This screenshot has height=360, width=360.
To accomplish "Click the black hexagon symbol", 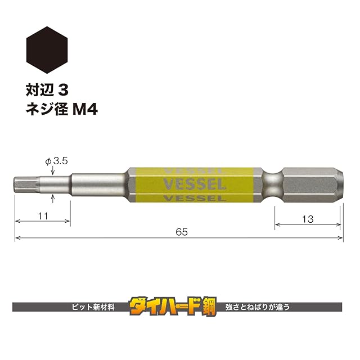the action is (x=47, y=50).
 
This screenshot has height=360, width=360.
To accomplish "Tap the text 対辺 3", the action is (x=47, y=90).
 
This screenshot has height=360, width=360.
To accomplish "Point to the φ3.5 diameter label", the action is (x=56, y=161).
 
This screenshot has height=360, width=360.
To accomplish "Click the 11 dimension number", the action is (x=43, y=216).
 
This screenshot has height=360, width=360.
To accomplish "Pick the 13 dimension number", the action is (x=308, y=219).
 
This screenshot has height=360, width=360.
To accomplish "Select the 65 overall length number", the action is (x=182, y=232).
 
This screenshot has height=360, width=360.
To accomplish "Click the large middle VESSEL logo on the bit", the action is (x=194, y=184).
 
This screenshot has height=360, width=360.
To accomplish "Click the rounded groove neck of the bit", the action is (x=273, y=185).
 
